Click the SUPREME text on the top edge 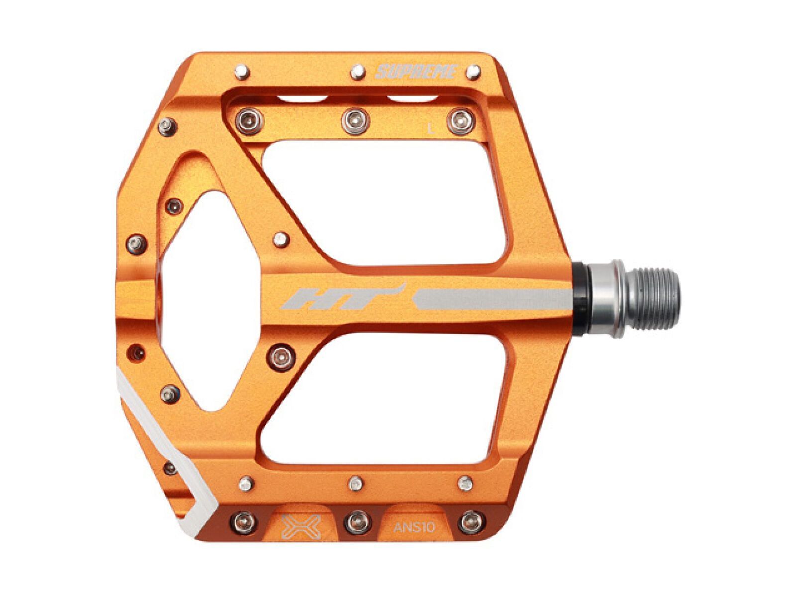coord(415,72)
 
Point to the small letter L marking coord(431,129)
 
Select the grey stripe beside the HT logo coord(493,298)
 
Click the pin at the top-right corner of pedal coord(472,73)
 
